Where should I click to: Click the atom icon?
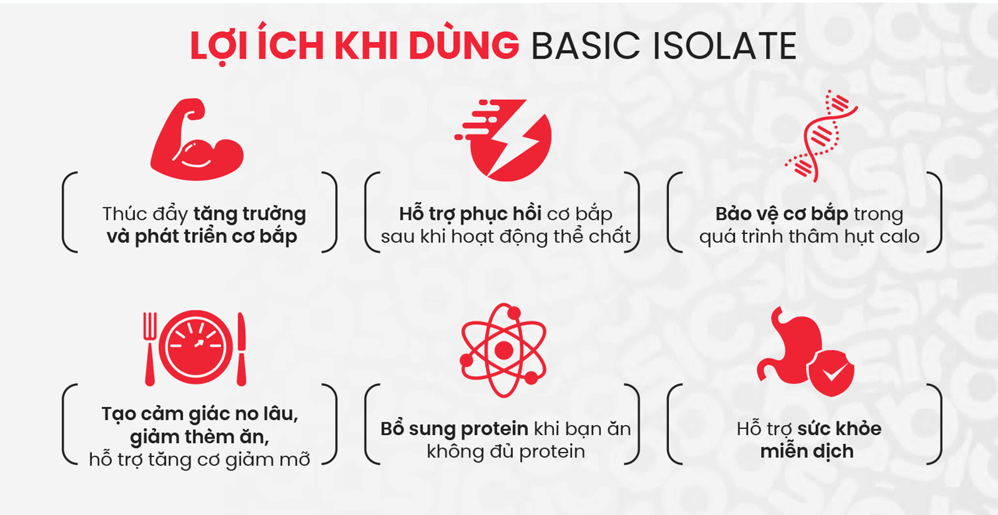click(503, 350)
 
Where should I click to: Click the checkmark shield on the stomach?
click(831, 373)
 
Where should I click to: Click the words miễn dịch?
click(807, 451)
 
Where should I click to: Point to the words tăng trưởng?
click(249, 214)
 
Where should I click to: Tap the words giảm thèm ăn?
click(200, 437)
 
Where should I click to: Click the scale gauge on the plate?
click(196, 347)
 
